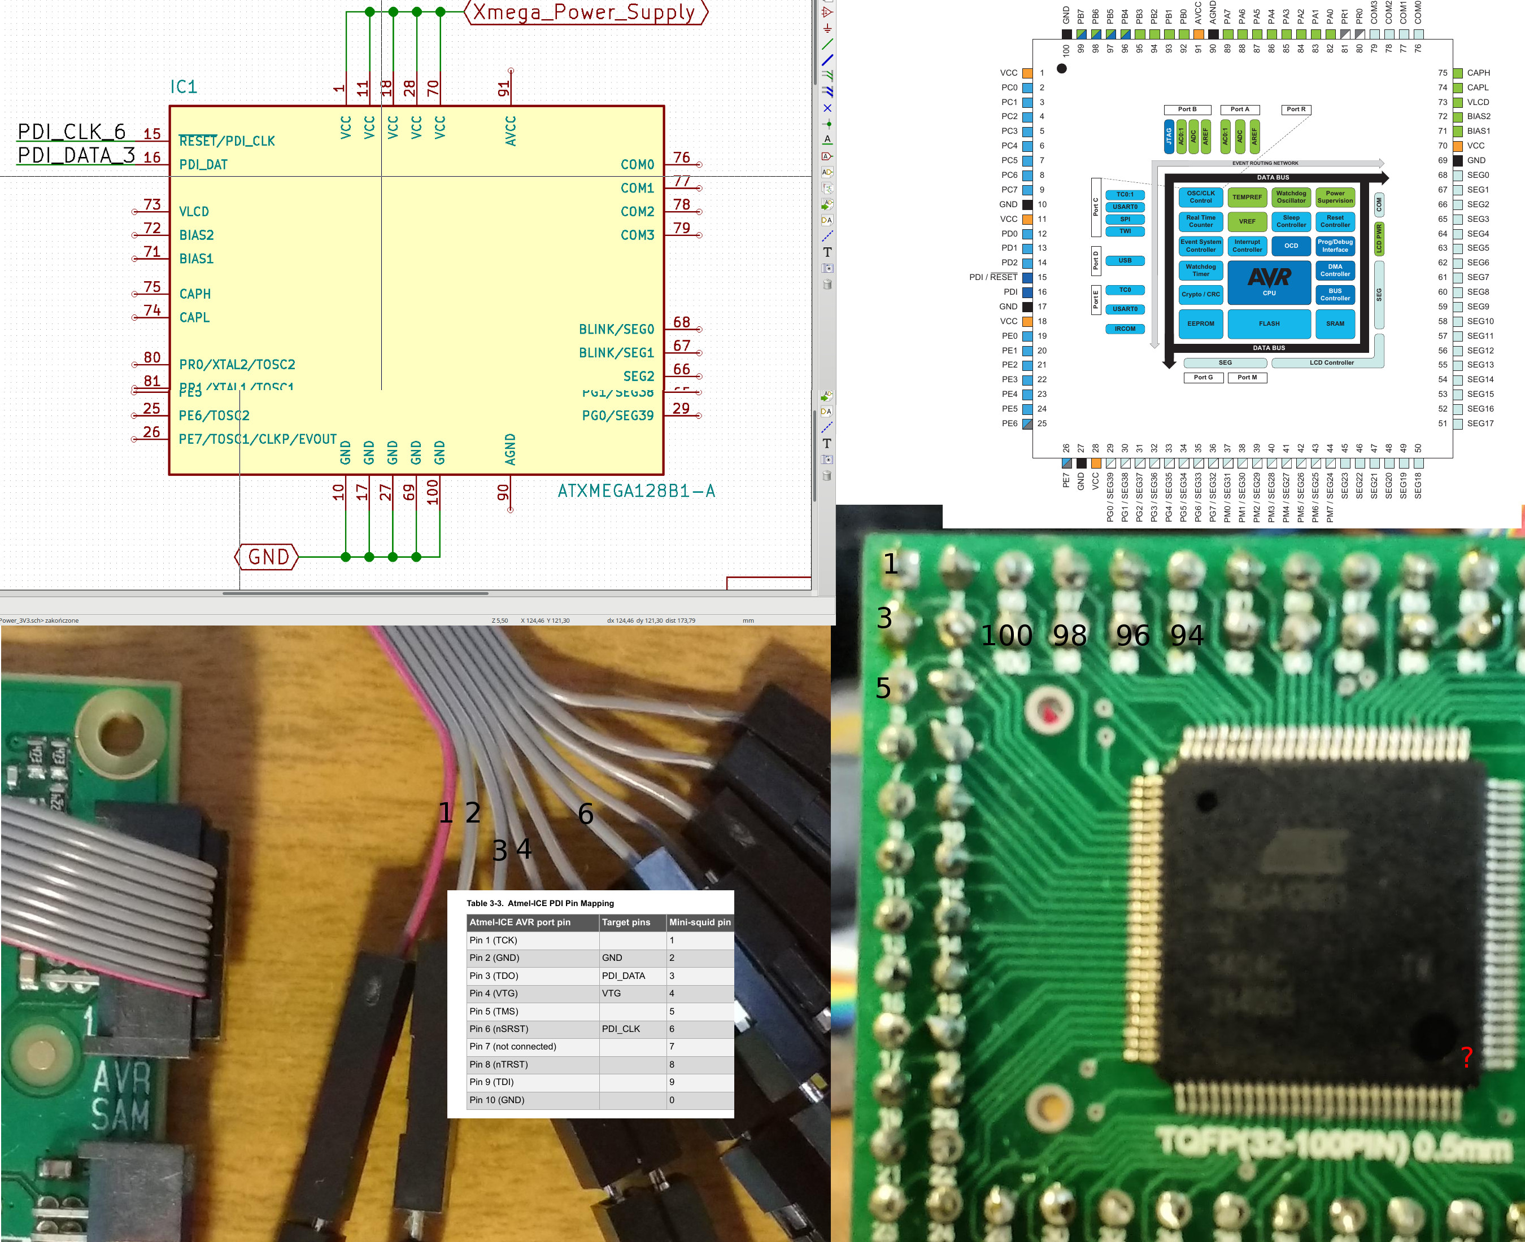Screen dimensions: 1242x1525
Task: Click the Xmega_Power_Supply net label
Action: (585, 12)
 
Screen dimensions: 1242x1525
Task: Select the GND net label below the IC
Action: (268, 557)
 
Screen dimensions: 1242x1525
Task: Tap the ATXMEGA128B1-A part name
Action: (636, 491)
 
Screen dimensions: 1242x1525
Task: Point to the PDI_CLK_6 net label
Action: (72, 132)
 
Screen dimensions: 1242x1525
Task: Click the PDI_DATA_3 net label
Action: (76, 155)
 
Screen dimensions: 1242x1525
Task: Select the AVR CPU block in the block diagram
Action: (1269, 280)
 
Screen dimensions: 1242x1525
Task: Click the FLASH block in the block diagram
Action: (1269, 323)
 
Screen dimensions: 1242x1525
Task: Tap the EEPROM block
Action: (1200, 323)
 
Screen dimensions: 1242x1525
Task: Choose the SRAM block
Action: (1335, 323)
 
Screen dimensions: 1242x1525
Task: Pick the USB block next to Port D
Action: (1125, 260)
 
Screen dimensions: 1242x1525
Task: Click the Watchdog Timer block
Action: (1200, 270)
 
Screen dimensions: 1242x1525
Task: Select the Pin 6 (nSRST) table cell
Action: (499, 1029)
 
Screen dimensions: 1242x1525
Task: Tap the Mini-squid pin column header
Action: (700, 922)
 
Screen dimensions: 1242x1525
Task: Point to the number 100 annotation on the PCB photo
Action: (1006, 635)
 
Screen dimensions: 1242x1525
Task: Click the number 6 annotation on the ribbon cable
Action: (585, 814)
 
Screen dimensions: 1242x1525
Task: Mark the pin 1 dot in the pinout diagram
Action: (1062, 69)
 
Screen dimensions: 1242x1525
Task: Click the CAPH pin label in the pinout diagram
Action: (1478, 73)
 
